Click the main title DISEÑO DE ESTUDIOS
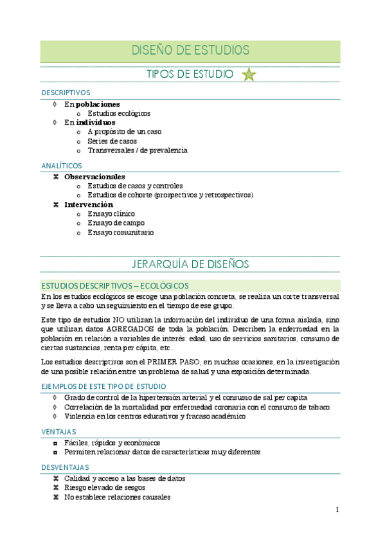190,50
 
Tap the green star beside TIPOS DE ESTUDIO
249,75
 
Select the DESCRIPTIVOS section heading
66,93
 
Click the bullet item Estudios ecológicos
119,113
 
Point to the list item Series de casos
112,141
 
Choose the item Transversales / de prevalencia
138,150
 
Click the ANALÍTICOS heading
62,166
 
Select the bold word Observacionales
94,177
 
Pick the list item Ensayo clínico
111,213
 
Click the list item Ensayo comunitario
121,233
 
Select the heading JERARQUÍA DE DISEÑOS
190,264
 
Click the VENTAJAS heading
59,431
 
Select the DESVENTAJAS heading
65,467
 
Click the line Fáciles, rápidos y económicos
112,443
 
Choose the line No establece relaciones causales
117,497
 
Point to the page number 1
337,510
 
